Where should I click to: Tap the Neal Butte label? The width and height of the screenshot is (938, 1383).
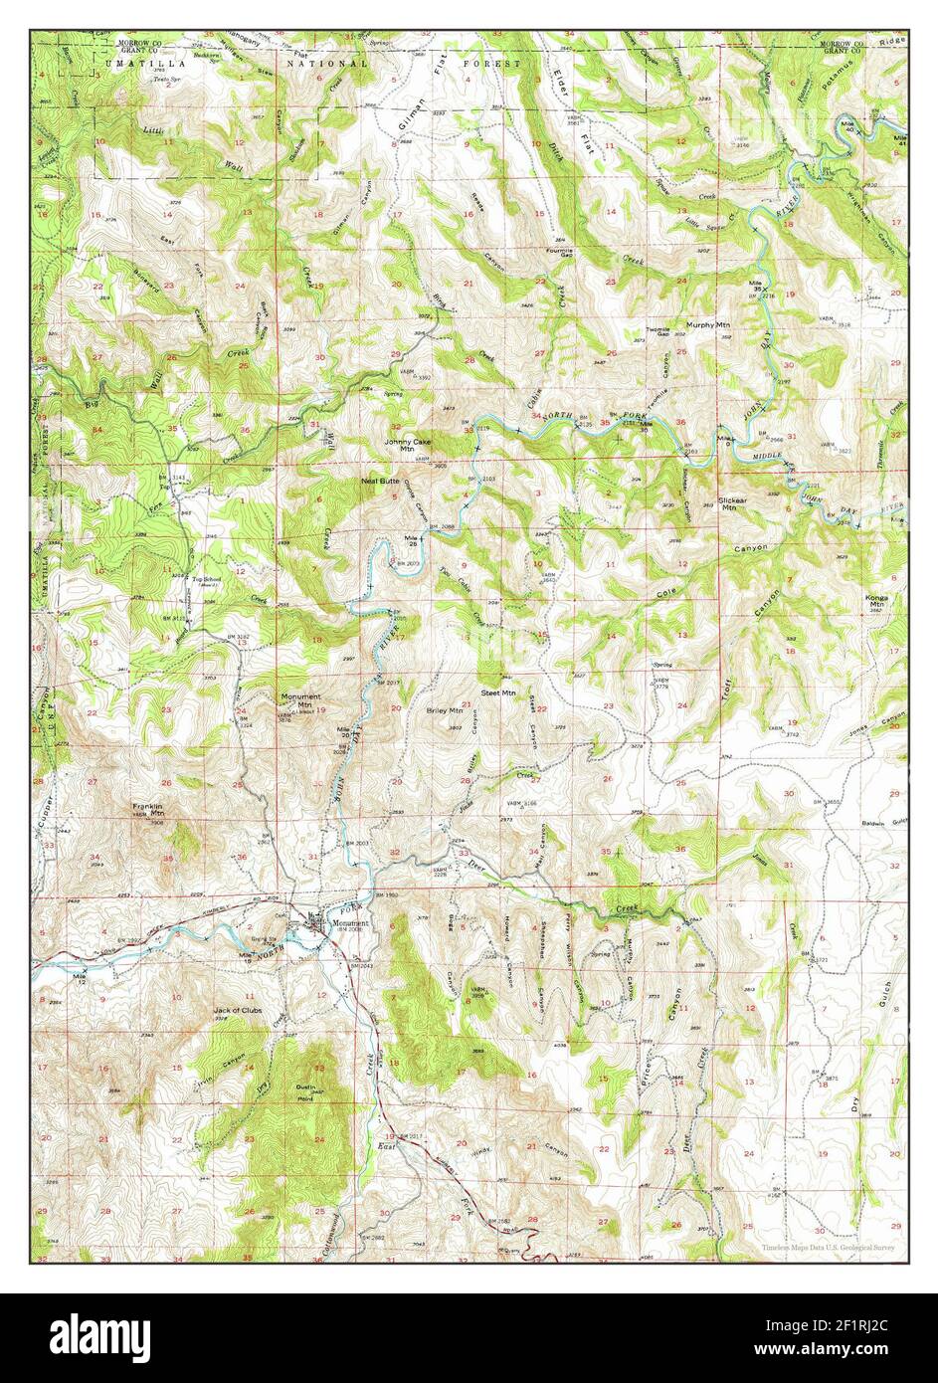380,481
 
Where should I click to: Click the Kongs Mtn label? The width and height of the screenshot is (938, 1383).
877,601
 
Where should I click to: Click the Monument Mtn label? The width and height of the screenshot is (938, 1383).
299,700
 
